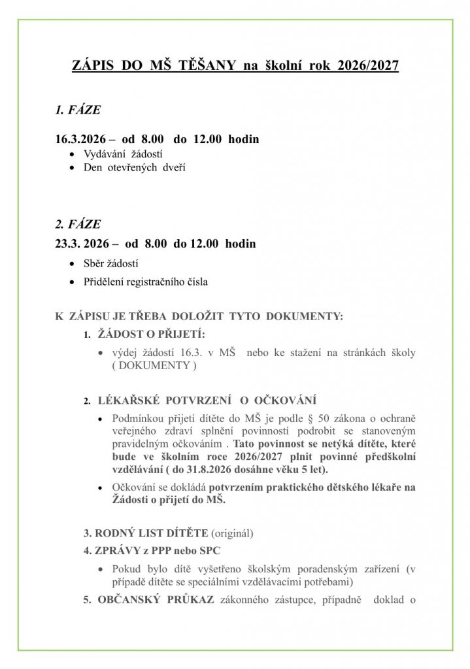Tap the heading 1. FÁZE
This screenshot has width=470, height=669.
(x=78, y=110)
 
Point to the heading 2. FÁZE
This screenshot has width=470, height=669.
(x=78, y=224)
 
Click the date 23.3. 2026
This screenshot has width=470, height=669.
(x=82, y=244)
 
